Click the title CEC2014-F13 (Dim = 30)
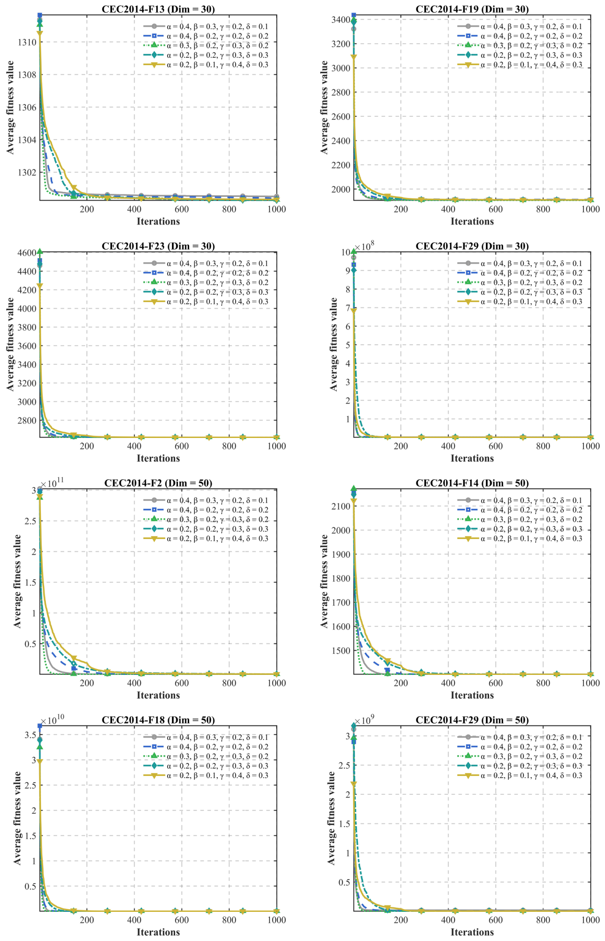(x=158, y=9)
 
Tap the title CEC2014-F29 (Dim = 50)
(x=472, y=720)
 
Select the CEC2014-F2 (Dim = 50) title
(x=158, y=483)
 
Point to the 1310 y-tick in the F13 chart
(x=28, y=42)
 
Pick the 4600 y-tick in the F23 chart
(x=28, y=253)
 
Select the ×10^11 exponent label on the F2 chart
(x=52, y=482)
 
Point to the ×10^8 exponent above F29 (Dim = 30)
(x=364, y=246)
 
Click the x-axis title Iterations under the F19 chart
(x=472, y=221)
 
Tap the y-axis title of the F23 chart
(x=10, y=344)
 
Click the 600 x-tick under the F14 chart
(x=495, y=683)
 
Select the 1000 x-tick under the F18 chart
(x=276, y=920)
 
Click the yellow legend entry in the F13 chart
(x=206, y=65)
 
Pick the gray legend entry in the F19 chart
(x=520, y=26)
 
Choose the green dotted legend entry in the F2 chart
(x=206, y=519)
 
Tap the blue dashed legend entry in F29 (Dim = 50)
(x=520, y=747)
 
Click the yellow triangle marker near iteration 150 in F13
(x=74, y=188)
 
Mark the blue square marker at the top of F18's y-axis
(x=40, y=726)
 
